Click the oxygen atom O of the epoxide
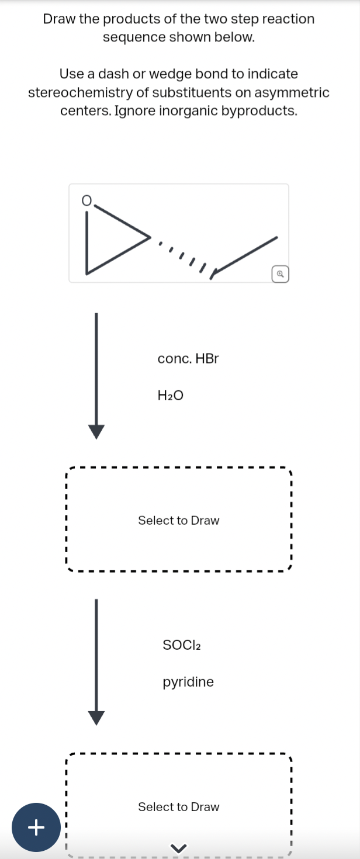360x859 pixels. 86,200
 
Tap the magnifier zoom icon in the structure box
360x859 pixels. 281,273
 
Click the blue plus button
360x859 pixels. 36,827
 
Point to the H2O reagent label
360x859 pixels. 171,396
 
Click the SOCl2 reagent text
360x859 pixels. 182,645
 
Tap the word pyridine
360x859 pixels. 188,682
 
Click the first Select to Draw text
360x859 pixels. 179,520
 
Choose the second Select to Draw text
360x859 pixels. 179,806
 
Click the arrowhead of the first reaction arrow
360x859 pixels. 96,431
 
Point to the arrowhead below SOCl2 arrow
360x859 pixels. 96,717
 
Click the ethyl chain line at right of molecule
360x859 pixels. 245,254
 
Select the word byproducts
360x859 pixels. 259,111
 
